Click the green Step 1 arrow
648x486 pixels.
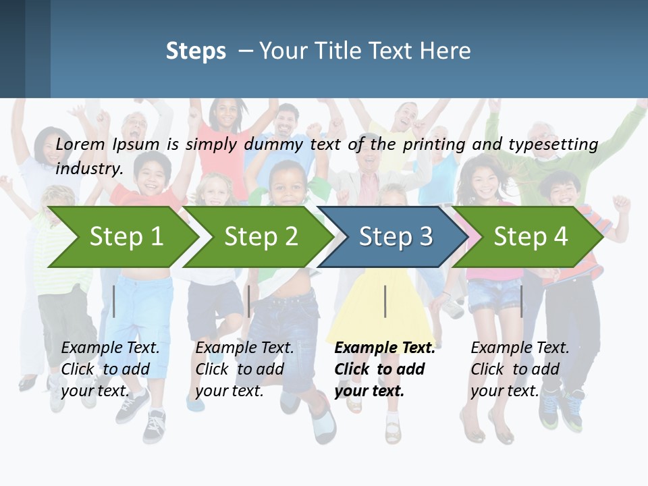tap(125, 237)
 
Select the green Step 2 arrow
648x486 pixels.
tap(260, 237)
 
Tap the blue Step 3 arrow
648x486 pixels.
tap(395, 237)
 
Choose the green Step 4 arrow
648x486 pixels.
tap(530, 237)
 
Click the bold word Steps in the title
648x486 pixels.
tap(196, 51)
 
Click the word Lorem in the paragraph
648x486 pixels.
tap(80, 144)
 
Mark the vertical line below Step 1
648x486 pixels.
tap(114, 301)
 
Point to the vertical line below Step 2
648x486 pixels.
tap(249, 301)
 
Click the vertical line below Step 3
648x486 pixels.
tap(385, 301)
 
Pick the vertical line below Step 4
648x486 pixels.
tap(521, 301)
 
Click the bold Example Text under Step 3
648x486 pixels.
tap(385, 348)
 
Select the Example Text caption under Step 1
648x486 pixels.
tap(110, 348)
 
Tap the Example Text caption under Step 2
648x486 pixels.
tap(244, 348)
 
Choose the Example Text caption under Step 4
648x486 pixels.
tap(520, 348)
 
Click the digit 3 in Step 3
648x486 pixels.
tap(425, 237)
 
